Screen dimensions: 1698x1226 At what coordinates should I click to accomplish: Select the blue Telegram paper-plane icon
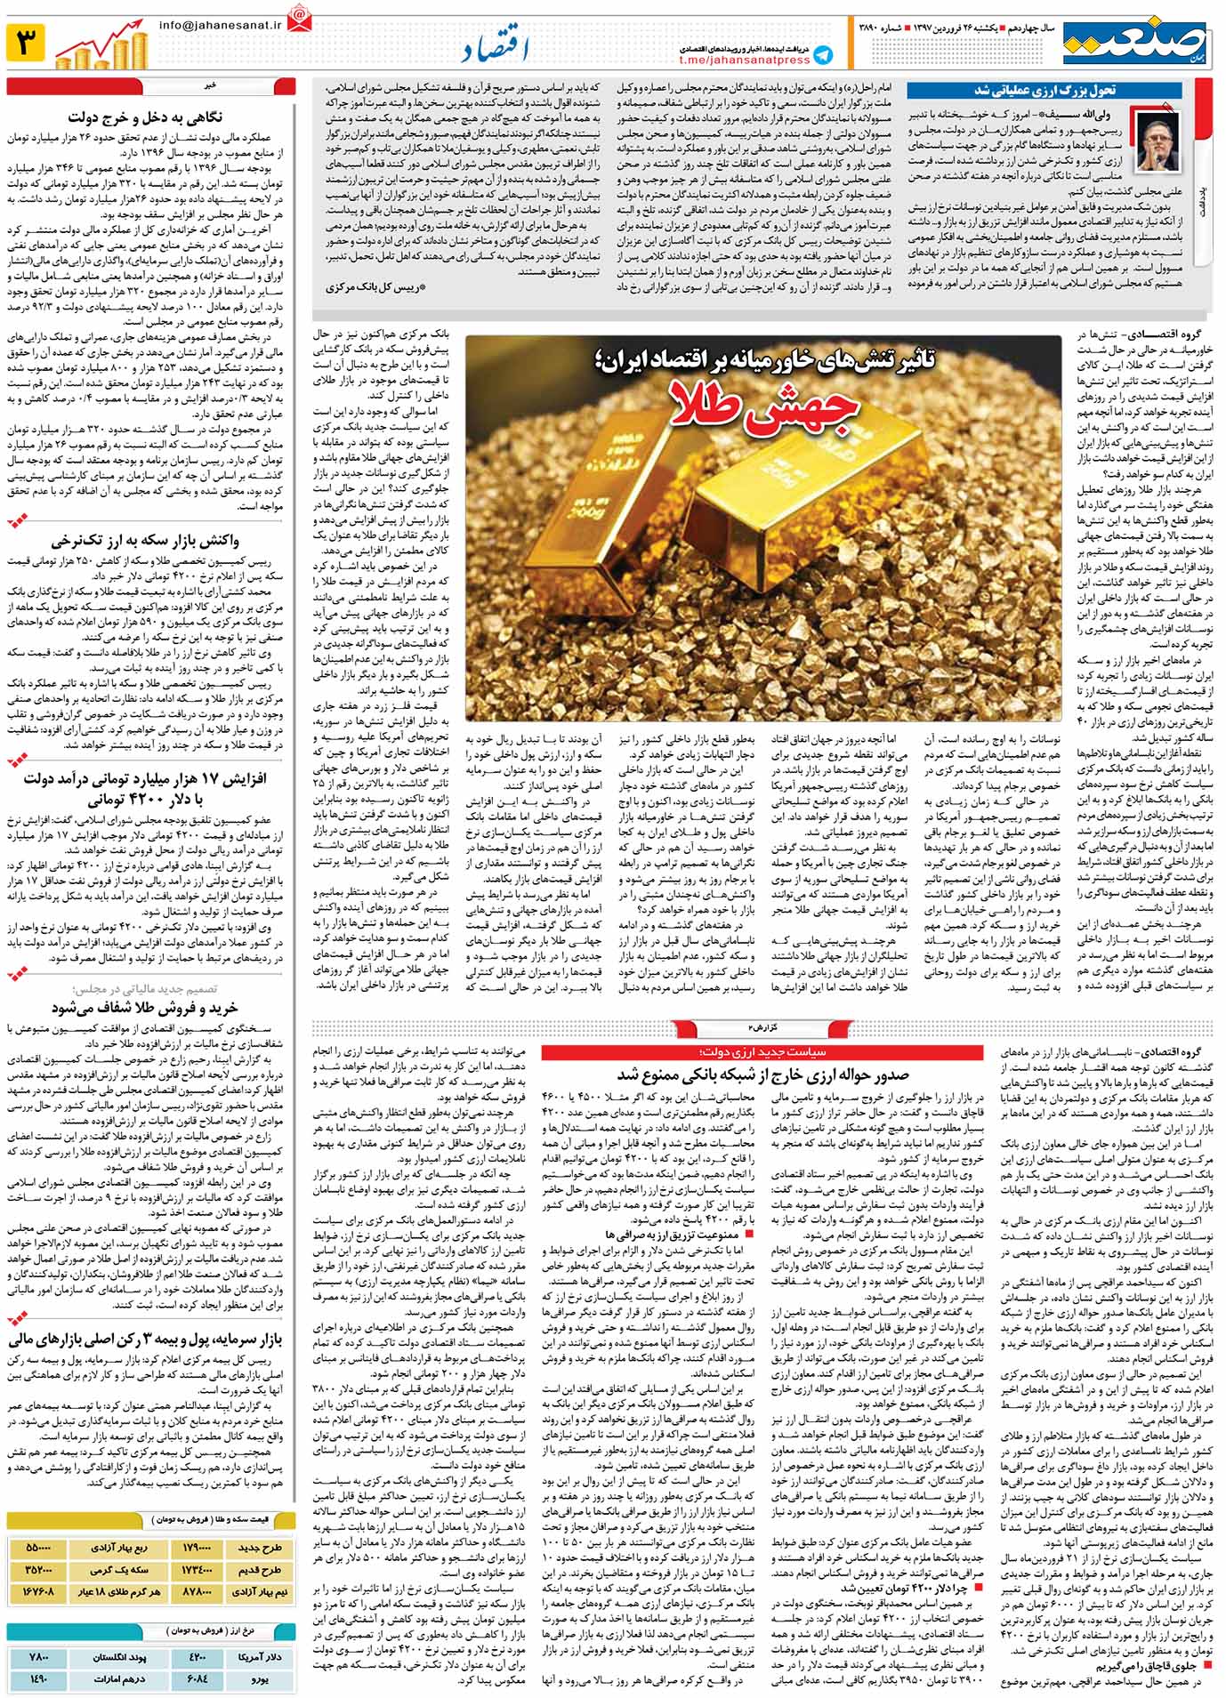click(824, 54)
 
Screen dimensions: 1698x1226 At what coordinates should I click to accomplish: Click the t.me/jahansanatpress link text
click(744, 60)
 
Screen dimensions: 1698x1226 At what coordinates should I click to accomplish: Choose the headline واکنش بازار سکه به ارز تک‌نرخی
click(145, 540)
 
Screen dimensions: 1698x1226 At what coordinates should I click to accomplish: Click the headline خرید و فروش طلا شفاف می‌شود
click(145, 1008)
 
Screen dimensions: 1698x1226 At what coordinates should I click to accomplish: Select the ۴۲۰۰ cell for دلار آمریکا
click(197, 1657)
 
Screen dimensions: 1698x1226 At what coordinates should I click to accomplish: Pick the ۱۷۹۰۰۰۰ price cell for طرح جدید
click(197, 1547)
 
